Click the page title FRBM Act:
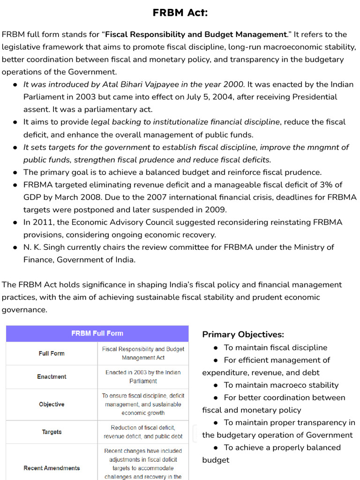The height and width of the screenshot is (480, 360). pos(180,13)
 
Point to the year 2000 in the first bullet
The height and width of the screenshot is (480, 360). pos(234,84)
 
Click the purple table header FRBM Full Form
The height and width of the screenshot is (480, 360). pos(97,333)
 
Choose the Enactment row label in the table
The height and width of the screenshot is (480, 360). pos(52,376)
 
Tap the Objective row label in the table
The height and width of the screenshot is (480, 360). pos(52,404)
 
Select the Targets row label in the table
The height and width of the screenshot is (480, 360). pos(52,432)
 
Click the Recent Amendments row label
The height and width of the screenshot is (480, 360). pos(52,468)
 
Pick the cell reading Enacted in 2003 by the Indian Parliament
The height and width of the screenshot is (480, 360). pos(143,376)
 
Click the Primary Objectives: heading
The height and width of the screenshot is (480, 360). pos(243,334)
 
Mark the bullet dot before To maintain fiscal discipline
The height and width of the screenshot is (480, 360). pos(215,348)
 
